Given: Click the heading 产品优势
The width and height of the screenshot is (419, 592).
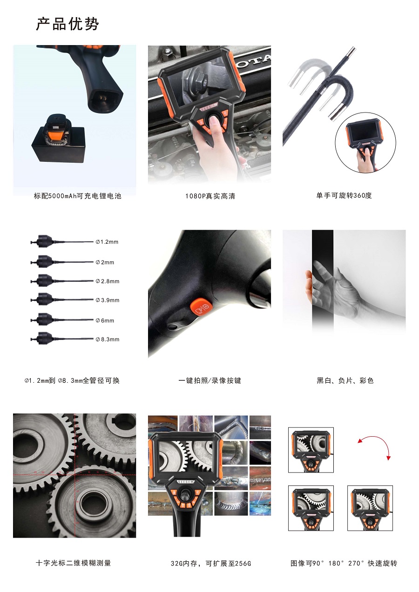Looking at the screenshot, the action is pos(68,24).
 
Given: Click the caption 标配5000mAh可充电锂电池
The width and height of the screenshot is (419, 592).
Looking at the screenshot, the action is pos(77,196).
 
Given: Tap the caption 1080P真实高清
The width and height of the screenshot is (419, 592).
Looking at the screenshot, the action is pos(210,196).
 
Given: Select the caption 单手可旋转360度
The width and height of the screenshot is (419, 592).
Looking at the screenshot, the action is pos(344,195).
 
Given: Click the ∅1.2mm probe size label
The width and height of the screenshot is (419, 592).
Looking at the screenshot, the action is pos(107,242).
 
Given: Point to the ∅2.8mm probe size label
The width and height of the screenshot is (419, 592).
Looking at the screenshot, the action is pos(108,281).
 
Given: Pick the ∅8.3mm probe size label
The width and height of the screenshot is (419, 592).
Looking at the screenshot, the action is pos(108,339).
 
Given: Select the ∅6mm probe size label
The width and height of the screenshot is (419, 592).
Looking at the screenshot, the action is pos(105,320).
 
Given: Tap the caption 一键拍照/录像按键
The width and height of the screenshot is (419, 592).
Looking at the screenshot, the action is pos(210,380).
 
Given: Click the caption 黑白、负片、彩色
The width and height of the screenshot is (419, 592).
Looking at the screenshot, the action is pos(345,380).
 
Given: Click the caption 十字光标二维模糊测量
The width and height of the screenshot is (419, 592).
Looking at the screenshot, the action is pos(73,563).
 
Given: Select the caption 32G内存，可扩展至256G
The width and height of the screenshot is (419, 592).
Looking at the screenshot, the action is pos(210,564).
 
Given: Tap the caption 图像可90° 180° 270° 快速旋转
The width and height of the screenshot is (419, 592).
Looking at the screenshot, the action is pos(344,563).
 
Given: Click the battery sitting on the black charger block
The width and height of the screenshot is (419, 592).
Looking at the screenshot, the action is pos(57,131).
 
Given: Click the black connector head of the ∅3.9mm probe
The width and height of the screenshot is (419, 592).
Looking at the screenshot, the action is pos(42,299).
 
